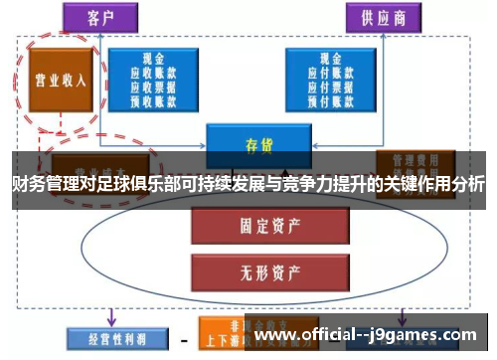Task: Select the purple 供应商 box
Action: coord(384,17)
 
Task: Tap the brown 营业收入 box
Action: coord(57,82)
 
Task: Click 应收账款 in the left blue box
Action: coord(153,73)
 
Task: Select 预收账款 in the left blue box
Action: coord(153,98)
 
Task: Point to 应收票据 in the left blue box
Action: coord(153,86)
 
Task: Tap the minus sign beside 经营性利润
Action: coord(184,339)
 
